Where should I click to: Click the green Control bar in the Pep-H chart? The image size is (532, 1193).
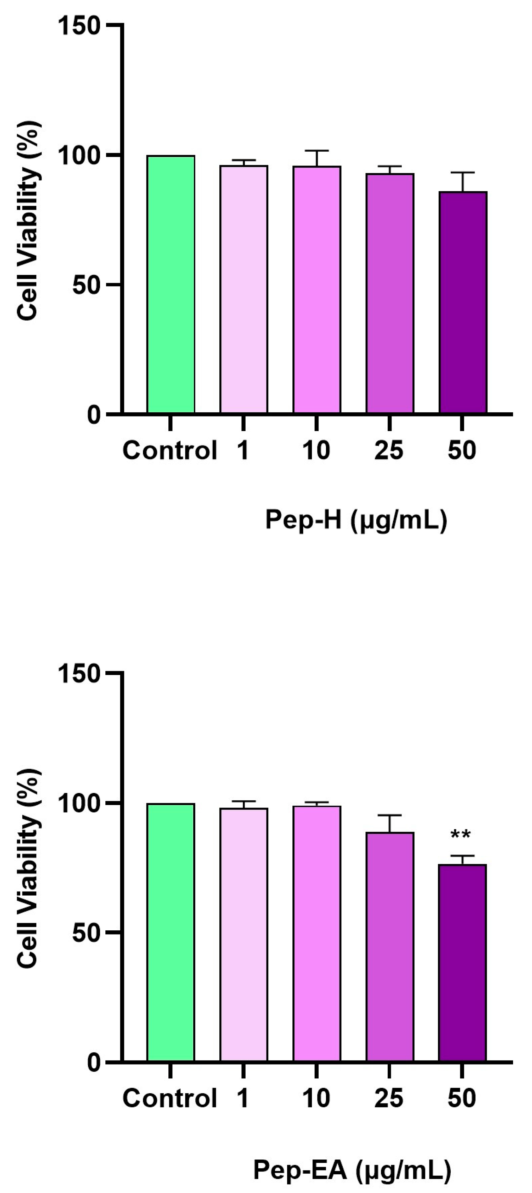tap(171, 284)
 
